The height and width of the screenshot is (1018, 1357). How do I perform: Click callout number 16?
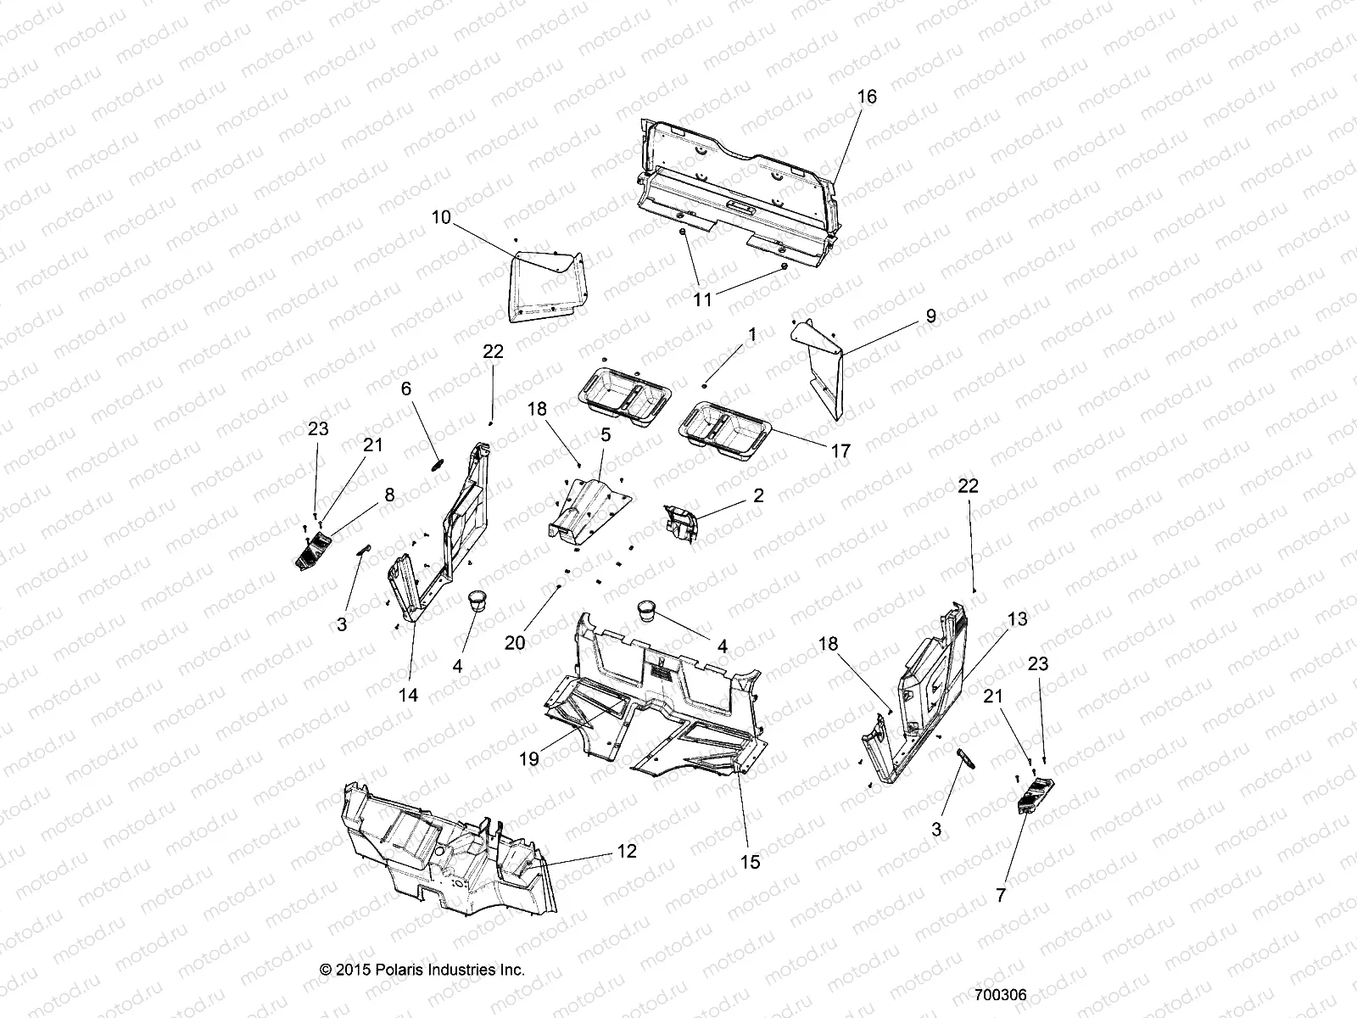[866, 97]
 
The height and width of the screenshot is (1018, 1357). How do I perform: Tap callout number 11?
[703, 299]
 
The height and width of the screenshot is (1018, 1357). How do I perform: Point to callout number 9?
[930, 316]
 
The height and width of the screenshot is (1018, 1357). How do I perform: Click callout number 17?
[840, 451]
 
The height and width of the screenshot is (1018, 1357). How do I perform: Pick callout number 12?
[626, 851]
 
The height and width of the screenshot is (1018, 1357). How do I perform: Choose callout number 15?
[750, 862]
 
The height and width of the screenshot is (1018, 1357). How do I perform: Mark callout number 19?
[528, 759]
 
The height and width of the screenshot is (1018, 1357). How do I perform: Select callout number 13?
[1017, 619]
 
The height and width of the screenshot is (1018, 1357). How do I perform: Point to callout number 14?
[408, 695]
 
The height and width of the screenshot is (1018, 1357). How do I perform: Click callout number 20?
[515, 643]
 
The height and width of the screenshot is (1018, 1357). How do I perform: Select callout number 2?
[758, 495]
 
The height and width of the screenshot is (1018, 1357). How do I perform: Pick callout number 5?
[606, 435]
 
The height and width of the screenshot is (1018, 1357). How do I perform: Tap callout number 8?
[389, 495]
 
